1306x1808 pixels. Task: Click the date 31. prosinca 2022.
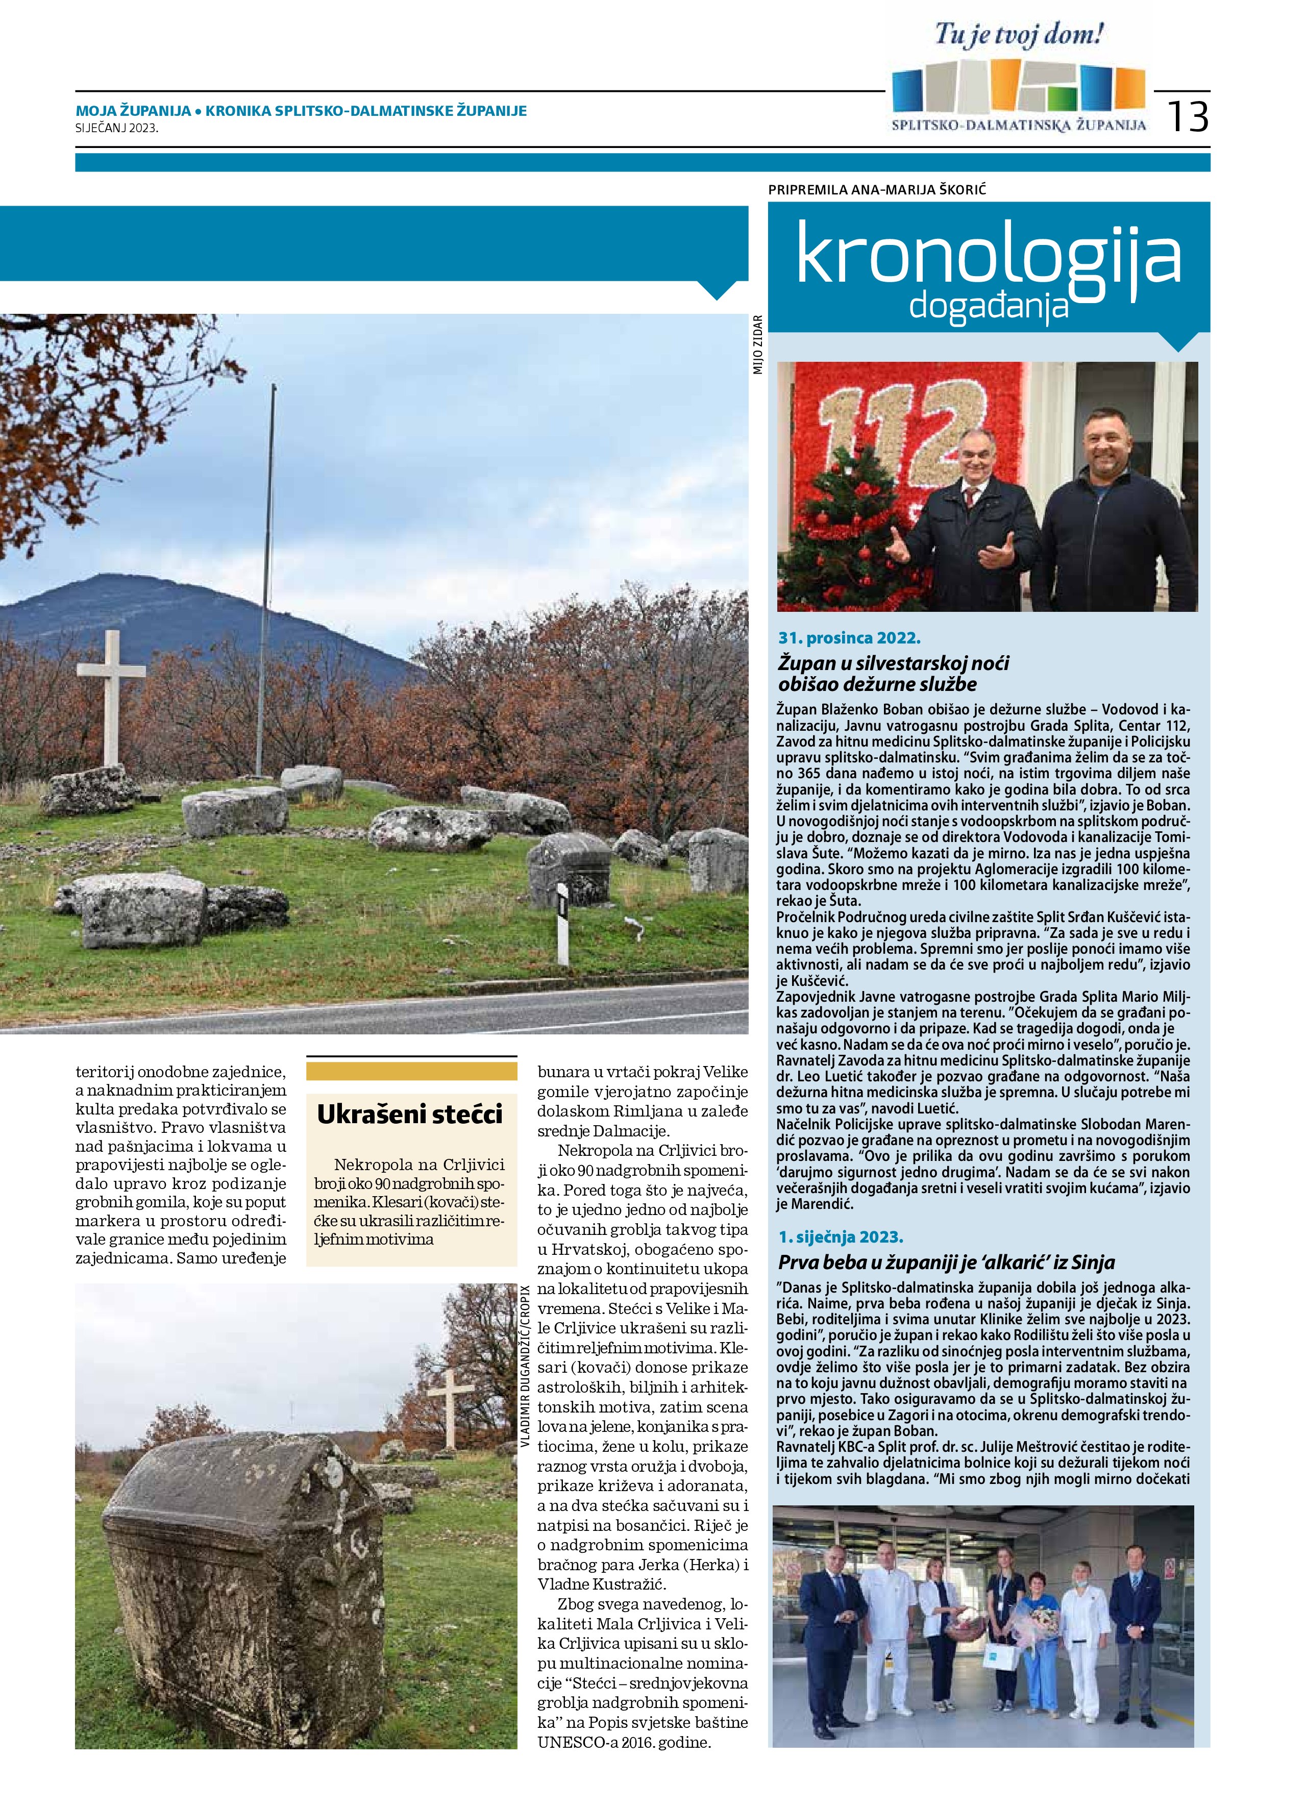pos(849,638)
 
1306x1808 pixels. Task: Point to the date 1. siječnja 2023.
pos(841,1237)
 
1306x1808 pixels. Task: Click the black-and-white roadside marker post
pos(562,924)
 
